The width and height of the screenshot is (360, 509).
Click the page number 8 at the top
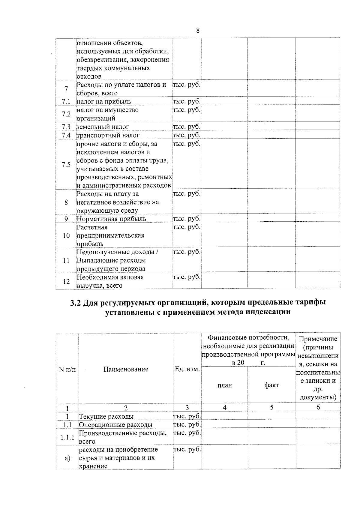tap(198, 31)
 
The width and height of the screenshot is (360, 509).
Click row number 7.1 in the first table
tap(66, 102)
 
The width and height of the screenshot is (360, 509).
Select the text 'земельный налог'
tap(103, 127)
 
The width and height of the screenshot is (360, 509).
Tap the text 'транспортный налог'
tap(108, 135)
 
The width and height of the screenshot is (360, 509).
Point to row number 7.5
tap(66, 165)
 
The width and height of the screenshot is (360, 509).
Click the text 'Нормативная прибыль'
tap(111, 219)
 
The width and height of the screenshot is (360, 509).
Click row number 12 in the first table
tap(66, 281)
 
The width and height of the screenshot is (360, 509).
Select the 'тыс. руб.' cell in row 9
tap(187, 219)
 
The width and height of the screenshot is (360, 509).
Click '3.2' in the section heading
tap(76, 303)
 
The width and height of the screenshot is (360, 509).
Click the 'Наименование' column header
tap(126, 369)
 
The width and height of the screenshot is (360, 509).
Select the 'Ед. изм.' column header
tap(187, 369)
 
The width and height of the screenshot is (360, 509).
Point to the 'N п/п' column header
tap(67, 369)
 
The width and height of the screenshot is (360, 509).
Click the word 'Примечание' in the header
tap(318, 339)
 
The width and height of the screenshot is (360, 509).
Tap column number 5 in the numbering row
tap(271, 407)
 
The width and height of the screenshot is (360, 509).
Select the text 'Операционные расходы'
tap(115, 425)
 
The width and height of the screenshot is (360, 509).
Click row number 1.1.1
tap(67, 437)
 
